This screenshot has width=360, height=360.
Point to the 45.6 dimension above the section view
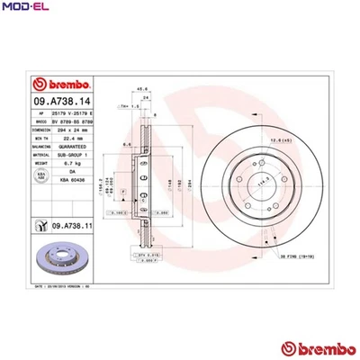coord(140,89)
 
